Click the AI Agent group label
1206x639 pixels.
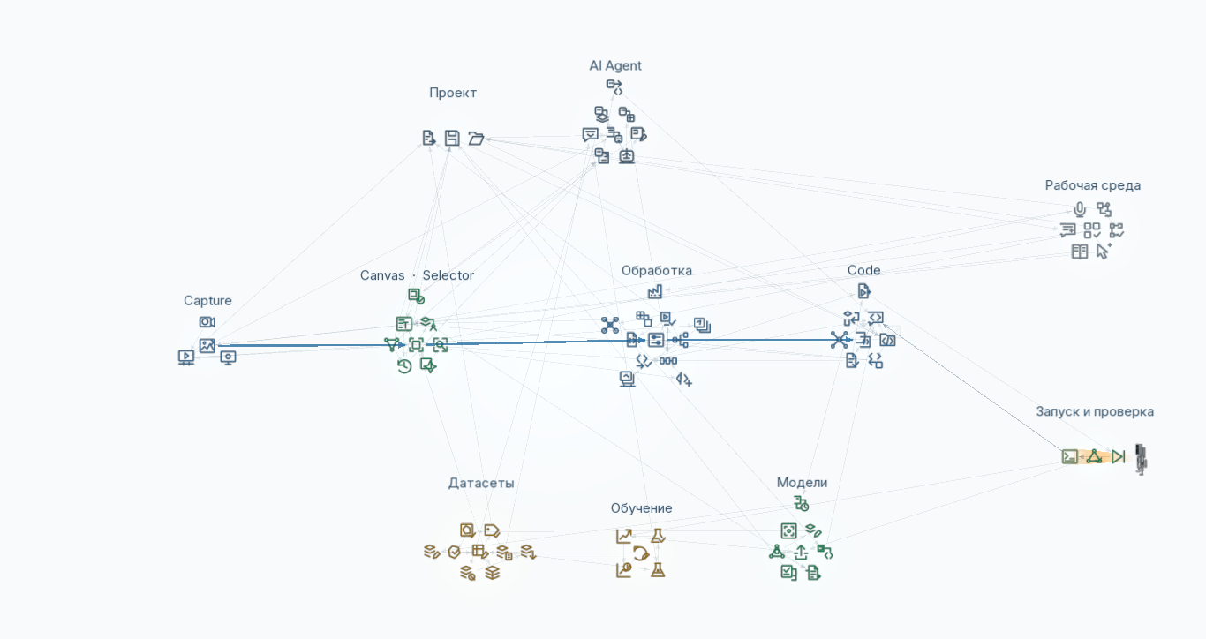pos(614,65)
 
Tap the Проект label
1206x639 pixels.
pos(453,94)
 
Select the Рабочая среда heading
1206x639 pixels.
pos(1092,185)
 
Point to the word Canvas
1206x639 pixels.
pos(382,275)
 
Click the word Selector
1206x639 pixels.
pos(448,275)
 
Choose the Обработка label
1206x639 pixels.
pos(656,271)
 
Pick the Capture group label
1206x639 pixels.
pos(207,301)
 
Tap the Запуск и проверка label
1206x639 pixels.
pos(1095,412)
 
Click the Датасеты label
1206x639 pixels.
pos(481,484)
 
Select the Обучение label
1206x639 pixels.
pos(641,508)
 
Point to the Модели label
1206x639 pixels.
pos(802,483)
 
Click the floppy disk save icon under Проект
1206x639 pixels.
pos(452,138)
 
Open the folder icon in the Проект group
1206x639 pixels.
pos(476,139)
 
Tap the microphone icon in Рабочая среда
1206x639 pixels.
pos(1080,209)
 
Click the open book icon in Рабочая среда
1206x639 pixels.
pos(1080,252)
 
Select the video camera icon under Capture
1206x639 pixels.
pos(207,322)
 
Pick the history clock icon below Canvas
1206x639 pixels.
pos(404,366)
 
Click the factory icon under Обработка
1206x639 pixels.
pos(655,292)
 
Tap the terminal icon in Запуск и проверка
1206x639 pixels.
pos(1070,457)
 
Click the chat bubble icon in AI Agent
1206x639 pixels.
pos(590,134)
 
